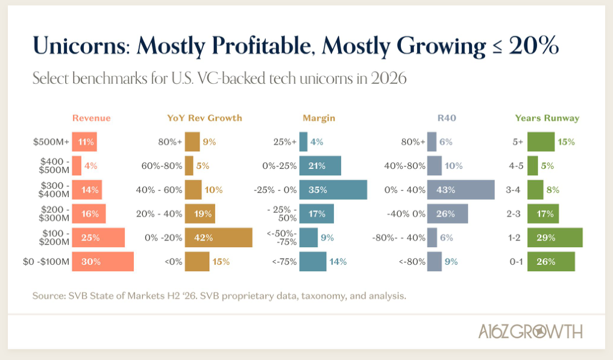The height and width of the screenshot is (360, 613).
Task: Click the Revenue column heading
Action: [92, 118]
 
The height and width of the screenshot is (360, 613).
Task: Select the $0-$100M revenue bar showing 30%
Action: [103, 261]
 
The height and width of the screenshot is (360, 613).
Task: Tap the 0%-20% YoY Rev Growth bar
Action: [219, 238]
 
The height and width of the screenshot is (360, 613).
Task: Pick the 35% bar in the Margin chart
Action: [333, 190]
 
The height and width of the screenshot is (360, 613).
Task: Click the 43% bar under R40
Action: [461, 190]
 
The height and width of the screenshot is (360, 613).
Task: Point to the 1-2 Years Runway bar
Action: [555, 238]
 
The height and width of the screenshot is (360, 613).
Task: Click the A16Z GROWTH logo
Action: [530, 332]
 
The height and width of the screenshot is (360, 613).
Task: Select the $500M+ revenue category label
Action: [51, 142]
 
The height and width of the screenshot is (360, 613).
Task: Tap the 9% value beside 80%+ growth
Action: [210, 142]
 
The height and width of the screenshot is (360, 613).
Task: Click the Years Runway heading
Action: [547, 118]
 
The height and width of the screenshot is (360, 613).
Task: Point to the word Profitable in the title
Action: [263, 46]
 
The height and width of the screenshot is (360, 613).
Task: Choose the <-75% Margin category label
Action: [284, 261]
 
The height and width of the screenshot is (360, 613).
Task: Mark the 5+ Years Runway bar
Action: [541, 142]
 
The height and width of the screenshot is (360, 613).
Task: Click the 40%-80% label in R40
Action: [404, 166]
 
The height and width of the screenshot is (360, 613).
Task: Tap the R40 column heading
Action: [447, 118]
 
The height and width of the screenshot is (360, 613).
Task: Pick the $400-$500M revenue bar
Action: [77, 166]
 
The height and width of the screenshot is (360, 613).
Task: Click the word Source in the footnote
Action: [49, 296]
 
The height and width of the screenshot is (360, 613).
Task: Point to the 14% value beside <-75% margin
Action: [338, 261]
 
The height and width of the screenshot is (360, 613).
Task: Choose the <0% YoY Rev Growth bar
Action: [197, 261]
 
